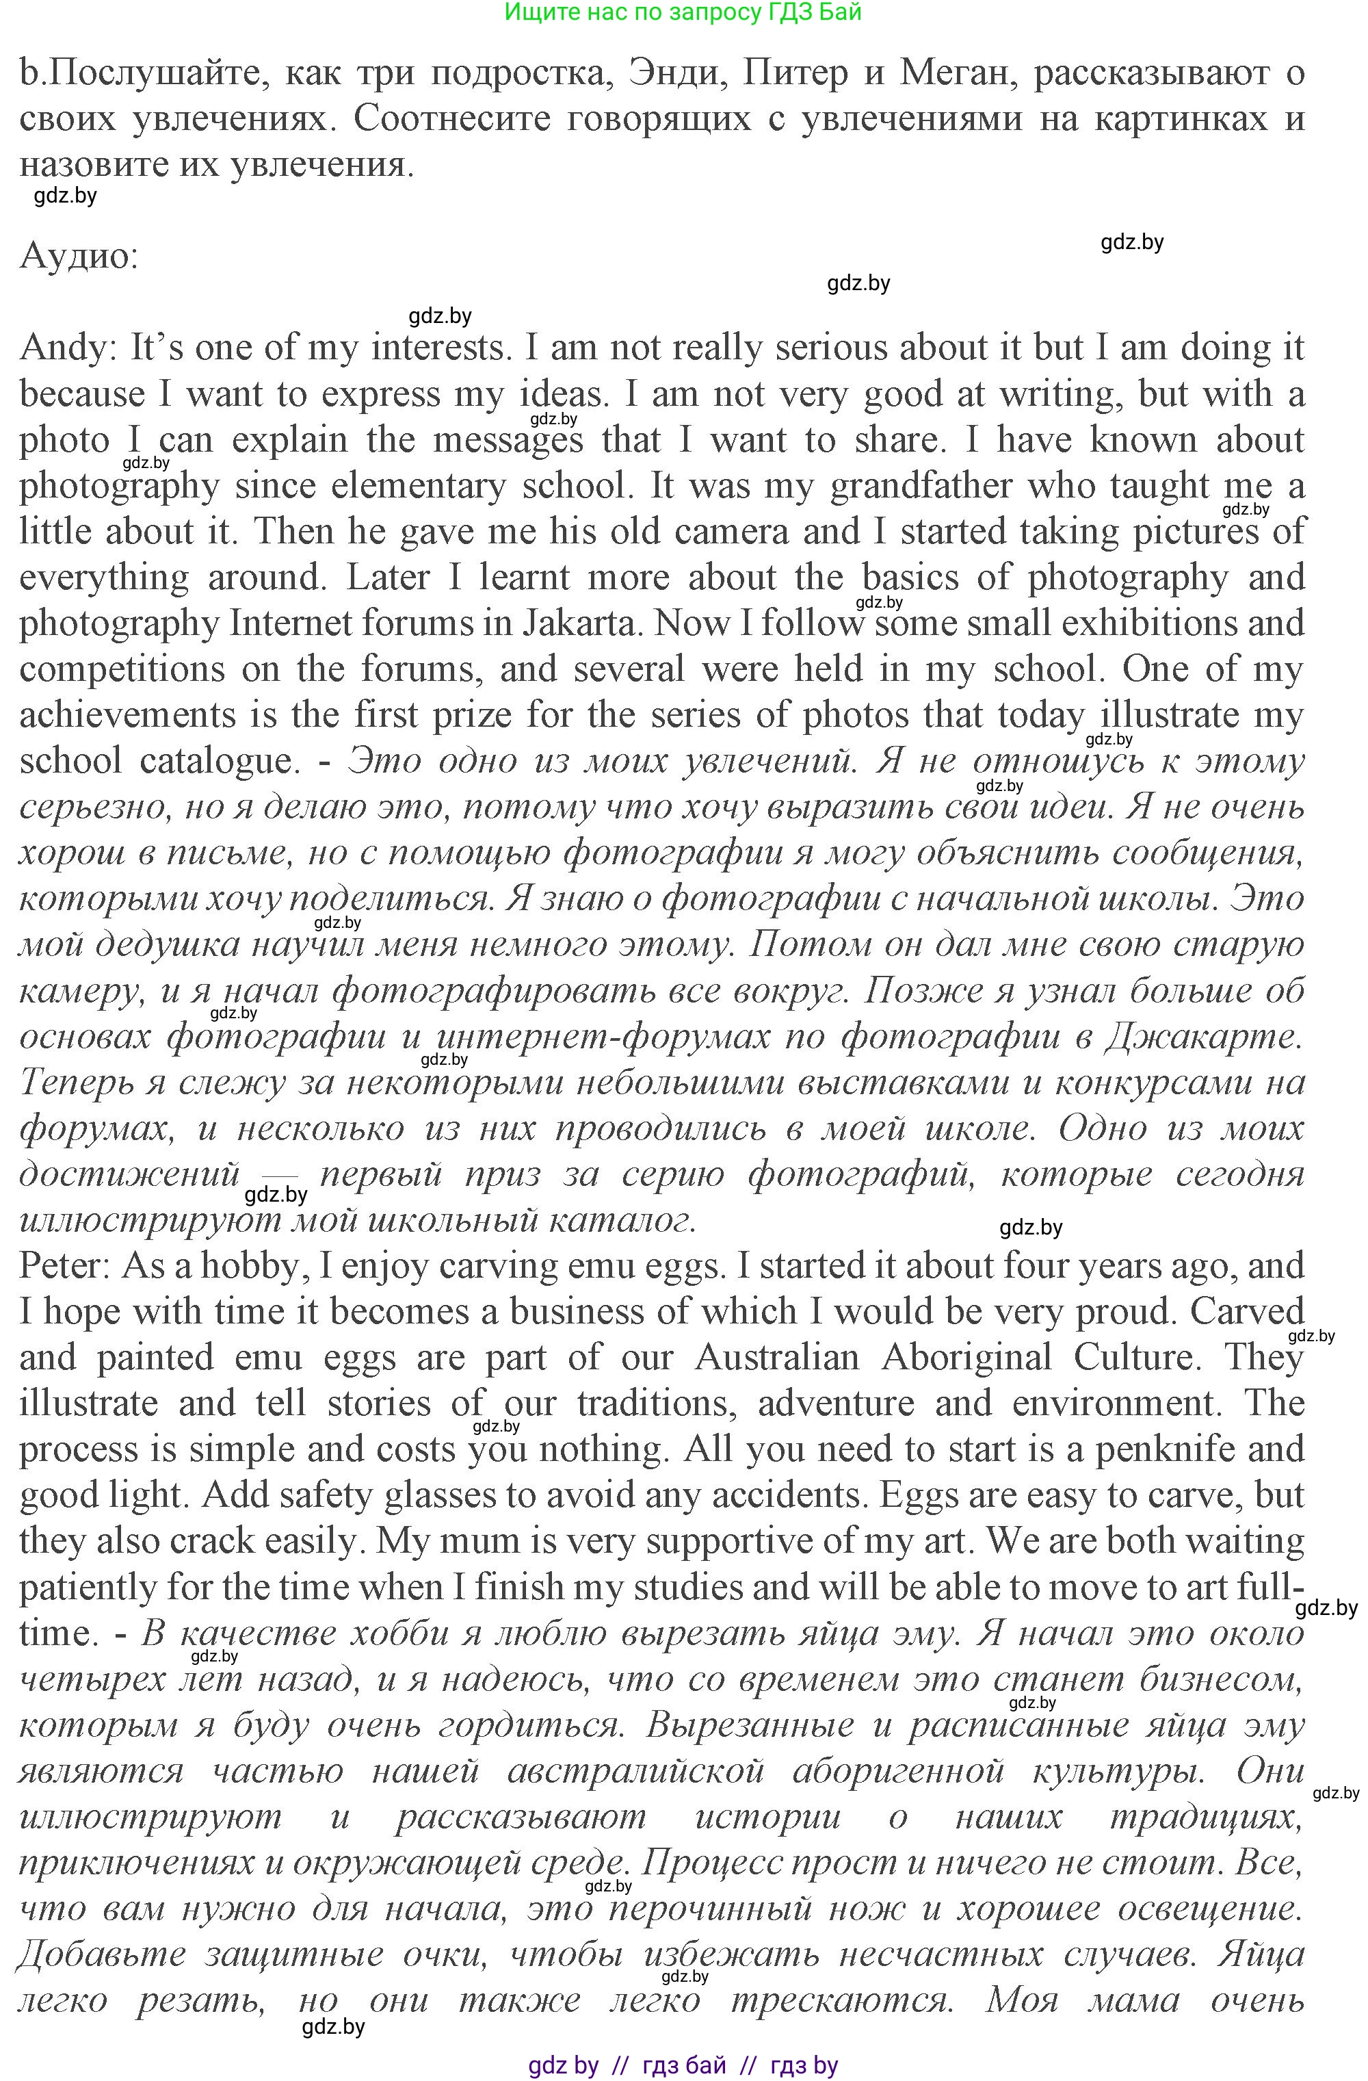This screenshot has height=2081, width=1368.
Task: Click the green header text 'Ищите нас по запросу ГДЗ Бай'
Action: [683, 12]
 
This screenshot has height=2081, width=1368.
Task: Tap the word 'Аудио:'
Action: [79, 256]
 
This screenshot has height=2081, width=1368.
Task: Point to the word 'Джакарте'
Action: [1202, 1037]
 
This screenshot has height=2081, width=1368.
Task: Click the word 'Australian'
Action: [777, 1358]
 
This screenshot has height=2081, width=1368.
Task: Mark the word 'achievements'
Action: [129, 715]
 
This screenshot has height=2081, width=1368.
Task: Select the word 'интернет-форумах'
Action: [603, 1037]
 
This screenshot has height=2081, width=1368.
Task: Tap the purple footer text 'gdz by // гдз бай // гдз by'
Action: [683, 2065]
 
